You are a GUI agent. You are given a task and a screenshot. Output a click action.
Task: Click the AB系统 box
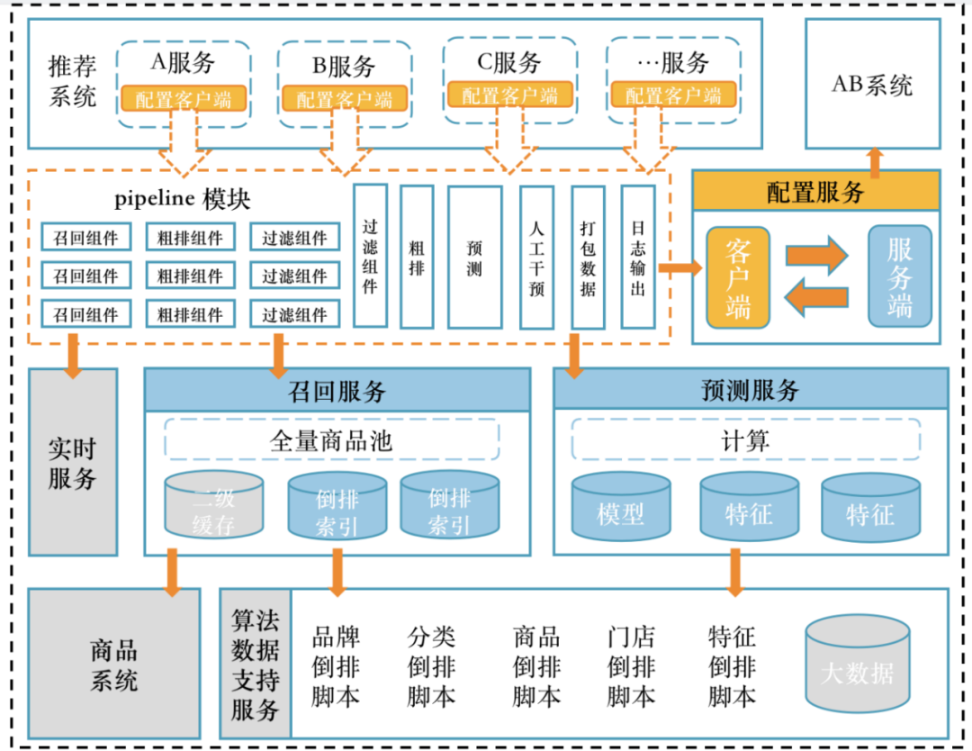871,84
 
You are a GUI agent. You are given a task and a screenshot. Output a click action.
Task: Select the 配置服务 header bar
815,191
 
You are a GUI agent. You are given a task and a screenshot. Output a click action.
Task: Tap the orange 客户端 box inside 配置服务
738,277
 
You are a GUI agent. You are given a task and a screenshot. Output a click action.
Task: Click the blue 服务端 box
899,276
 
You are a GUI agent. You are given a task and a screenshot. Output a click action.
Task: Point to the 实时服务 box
73,462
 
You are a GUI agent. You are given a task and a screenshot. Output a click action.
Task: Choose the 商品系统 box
113,664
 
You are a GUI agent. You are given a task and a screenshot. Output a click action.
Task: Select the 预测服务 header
750,390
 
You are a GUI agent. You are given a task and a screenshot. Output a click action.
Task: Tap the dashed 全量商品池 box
331,441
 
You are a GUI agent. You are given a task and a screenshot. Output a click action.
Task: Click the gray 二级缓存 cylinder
213,508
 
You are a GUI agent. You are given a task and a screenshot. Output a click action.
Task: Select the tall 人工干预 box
536,257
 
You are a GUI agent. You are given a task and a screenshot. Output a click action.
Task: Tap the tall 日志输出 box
637,256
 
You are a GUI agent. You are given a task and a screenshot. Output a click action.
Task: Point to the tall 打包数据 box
588,257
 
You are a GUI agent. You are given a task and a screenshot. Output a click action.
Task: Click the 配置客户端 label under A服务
184,99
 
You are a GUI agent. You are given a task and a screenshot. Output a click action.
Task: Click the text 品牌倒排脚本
336,667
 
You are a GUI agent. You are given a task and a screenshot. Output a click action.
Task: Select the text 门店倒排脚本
630,667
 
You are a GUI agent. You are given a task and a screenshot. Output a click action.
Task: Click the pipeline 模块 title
183,198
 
